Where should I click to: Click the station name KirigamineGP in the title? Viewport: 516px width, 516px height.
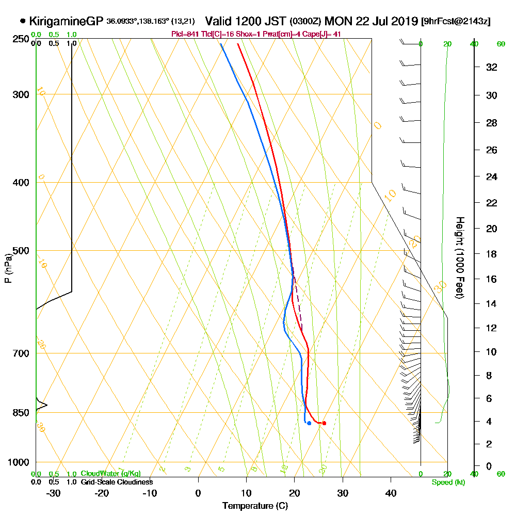pyautogui.click(x=66, y=21)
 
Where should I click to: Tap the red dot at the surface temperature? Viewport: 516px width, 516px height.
pyautogui.click(x=324, y=423)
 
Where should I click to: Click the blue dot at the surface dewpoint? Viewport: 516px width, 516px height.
pyautogui.click(x=309, y=423)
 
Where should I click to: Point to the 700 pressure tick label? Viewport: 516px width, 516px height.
pyautogui.click(x=20, y=353)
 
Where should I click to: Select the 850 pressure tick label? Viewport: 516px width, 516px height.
pyautogui.click(x=20, y=412)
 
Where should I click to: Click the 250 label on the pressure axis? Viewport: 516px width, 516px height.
pyautogui.click(x=20, y=39)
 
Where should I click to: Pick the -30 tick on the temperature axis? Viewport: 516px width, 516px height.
pyautogui.click(x=54, y=493)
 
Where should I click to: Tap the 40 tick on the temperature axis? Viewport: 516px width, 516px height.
pyautogui.click(x=391, y=493)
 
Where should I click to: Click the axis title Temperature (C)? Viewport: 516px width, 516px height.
pyautogui.click(x=255, y=506)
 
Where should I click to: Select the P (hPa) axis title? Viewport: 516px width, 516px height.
pyautogui.click(x=8, y=268)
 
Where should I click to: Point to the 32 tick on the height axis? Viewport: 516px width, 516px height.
pyautogui.click(x=492, y=67)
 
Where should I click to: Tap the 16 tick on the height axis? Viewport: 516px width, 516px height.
pyautogui.click(x=491, y=279)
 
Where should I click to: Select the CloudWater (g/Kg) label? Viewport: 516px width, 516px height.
pyautogui.click(x=110, y=474)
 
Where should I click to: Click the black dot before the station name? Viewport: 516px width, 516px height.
pyautogui.click(x=22, y=21)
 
